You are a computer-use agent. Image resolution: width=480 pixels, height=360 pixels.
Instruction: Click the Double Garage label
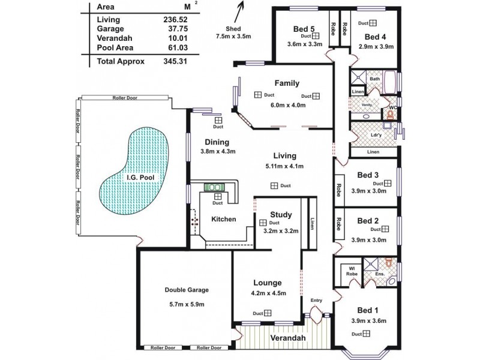[x=187, y=290]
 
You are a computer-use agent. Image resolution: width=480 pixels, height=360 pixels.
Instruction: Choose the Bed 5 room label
[x=304, y=29]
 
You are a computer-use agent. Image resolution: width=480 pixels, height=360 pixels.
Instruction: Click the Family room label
[x=287, y=83]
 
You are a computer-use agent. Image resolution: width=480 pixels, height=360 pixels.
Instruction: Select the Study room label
[x=281, y=214]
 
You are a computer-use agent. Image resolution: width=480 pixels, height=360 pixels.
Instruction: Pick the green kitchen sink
[x=214, y=186]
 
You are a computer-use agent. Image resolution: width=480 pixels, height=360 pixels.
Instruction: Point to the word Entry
[x=316, y=300]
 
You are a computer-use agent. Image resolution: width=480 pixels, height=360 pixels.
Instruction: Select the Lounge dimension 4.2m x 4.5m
[x=268, y=293]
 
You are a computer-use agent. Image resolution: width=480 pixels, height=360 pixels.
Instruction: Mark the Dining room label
[x=217, y=142]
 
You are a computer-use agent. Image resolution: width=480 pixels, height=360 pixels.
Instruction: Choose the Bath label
[x=375, y=79]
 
